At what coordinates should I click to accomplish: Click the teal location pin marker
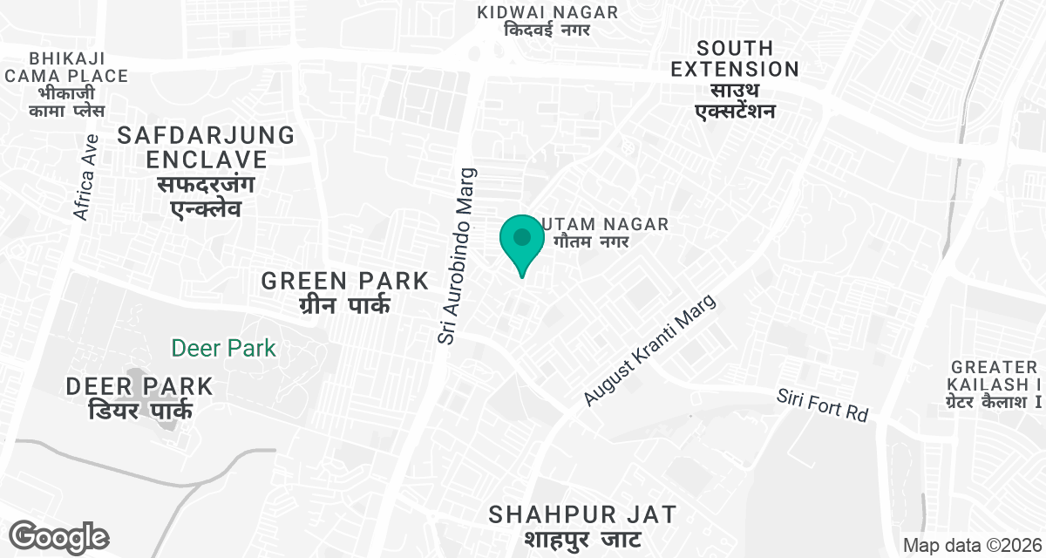[522, 242]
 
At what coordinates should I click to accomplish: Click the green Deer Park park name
[223, 349]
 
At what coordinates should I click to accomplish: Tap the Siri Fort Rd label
[823, 405]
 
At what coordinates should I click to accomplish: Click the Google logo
[59, 536]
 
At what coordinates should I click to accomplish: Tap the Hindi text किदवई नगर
[547, 30]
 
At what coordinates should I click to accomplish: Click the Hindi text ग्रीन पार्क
[345, 305]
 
